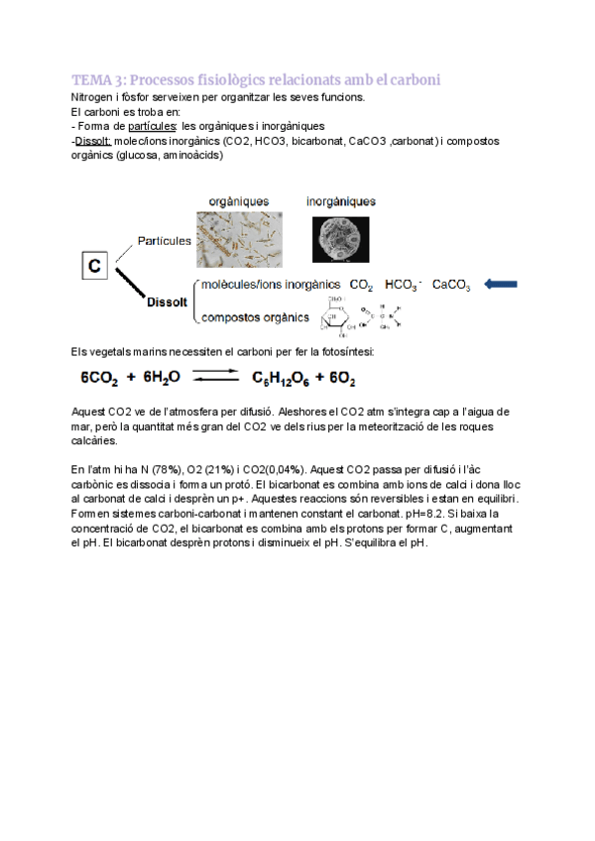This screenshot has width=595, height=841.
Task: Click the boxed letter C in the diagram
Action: tap(94, 265)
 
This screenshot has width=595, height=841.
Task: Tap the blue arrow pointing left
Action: tap(502, 285)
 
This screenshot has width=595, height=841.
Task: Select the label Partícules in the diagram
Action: tap(165, 241)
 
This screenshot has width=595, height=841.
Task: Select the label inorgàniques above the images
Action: tap(341, 201)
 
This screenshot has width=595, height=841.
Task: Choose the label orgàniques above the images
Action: tap(238, 201)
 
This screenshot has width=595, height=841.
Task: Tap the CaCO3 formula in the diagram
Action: tap(451, 286)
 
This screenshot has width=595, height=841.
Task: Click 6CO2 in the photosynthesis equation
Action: tap(103, 378)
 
